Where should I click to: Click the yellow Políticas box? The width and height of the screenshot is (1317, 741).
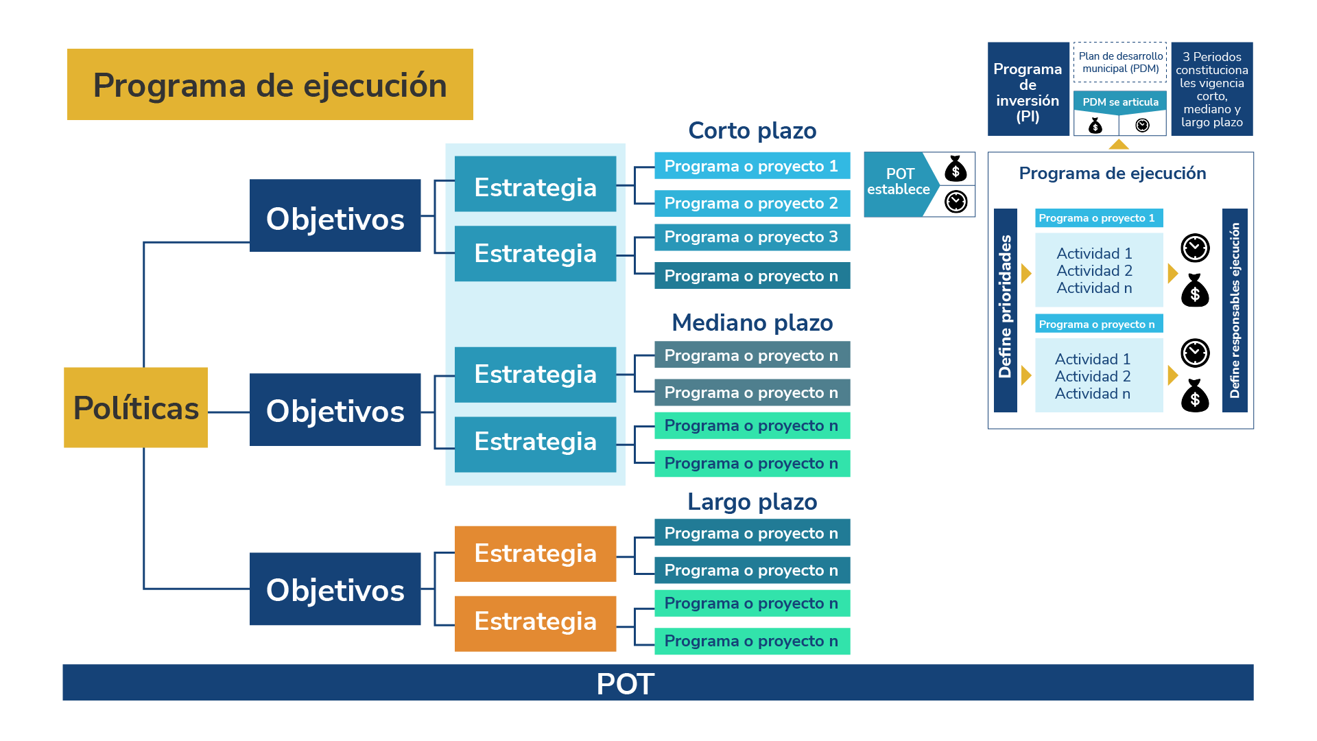click(136, 408)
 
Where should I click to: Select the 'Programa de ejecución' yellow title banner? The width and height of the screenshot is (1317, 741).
click(270, 84)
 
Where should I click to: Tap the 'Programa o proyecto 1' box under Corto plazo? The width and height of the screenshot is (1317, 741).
click(752, 166)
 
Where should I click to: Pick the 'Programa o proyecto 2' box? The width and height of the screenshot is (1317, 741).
click(752, 203)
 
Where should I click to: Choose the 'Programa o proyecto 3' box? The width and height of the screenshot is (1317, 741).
click(752, 237)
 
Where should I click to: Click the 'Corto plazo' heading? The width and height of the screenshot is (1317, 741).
click(752, 130)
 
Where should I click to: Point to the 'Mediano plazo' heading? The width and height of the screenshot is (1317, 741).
click(752, 322)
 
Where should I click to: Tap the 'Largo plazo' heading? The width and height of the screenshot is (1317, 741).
click(752, 502)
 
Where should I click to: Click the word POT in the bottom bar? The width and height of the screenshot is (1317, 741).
click(625, 683)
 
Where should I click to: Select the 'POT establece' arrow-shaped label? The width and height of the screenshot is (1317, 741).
click(899, 183)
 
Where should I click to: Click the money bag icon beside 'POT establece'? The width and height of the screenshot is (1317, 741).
click(956, 168)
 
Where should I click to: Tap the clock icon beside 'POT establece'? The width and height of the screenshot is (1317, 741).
click(956, 202)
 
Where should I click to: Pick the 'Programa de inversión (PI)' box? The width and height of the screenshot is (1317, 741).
click(1028, 89)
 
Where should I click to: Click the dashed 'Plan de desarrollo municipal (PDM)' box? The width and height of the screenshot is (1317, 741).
click(1120, 62)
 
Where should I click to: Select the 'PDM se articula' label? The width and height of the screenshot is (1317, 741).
click(1120, 102)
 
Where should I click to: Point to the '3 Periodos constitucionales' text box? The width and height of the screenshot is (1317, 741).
click(1211, 89)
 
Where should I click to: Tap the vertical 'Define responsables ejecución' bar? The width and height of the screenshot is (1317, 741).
click(1235, 310)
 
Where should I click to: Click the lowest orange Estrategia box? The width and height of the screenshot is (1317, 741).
click(535, 622)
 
